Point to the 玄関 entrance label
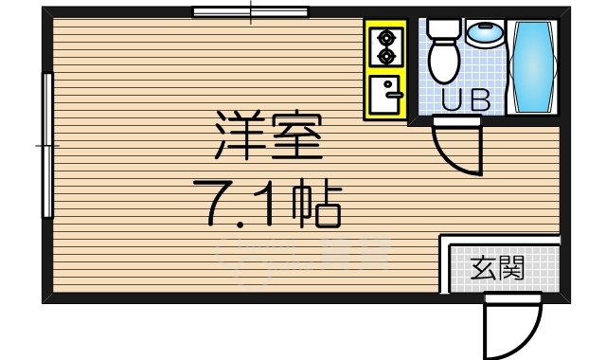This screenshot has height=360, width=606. pos(497,269)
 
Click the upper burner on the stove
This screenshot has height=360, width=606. pos(386,39)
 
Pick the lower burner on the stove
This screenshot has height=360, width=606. pos(386,57)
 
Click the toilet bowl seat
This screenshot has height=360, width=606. pos(442,60)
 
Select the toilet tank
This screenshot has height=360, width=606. pos(441,27)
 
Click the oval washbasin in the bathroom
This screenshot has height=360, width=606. pos(485,35)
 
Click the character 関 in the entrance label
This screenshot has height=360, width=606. pos(510,269)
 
